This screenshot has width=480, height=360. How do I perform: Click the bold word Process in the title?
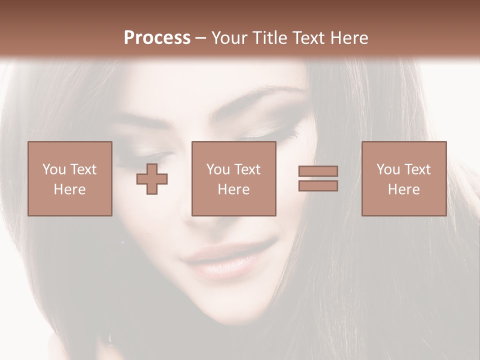tap(157, 38)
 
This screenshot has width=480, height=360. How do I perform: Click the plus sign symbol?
tap(152, 179)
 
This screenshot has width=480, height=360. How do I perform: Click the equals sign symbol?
tap(318, 178)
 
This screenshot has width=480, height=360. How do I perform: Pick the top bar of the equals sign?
tap(318, 171)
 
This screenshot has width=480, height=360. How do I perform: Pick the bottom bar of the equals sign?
tap(318, 186)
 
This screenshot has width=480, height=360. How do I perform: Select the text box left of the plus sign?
tap(69, 178)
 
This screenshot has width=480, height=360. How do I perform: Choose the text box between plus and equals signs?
tap(233, 178)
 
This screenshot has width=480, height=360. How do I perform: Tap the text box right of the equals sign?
tap(403, 178)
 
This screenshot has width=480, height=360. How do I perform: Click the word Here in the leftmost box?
tap(69, 189)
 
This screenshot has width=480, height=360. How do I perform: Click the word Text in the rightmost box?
tap(417, 169)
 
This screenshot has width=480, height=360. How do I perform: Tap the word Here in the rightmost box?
tap(403, 189)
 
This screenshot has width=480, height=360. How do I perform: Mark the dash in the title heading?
tap(201, 38)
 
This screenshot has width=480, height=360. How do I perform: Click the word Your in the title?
tap(227, 38)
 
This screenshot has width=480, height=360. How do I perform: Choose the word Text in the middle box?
tap(247, 169)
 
